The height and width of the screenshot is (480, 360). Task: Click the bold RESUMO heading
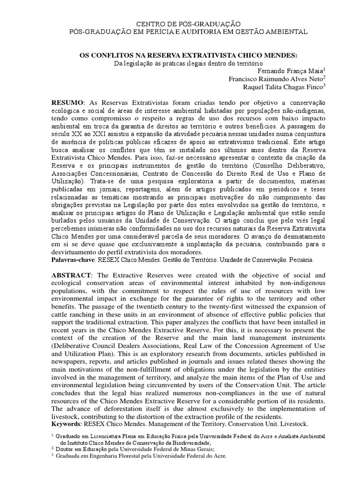67,103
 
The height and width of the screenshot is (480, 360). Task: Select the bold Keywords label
66,424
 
